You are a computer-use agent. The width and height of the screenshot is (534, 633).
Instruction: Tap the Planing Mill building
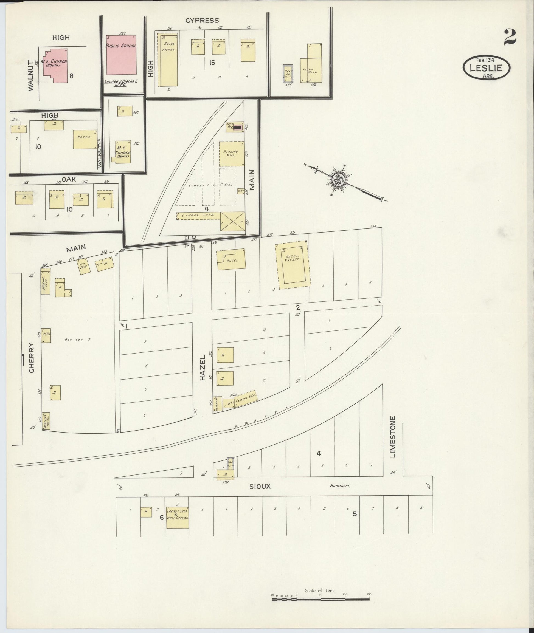point(232,154)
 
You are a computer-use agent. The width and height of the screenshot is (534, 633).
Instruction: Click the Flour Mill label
point(310,71)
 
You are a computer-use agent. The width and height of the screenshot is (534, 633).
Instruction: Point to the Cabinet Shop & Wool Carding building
point(177,517)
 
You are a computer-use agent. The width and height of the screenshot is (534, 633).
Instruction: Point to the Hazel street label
point(203,368)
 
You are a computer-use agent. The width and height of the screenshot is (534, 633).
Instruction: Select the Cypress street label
point(202,21)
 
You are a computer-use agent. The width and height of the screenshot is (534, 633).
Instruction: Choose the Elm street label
point(190,238)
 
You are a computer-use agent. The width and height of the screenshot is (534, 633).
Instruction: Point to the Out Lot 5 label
point(77,340)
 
